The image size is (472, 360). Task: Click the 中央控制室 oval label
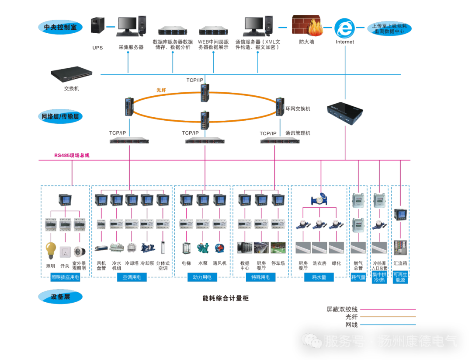click(60, 27)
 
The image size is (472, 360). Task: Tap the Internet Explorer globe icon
click(344, 28)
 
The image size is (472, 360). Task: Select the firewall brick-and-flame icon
click(307, 26)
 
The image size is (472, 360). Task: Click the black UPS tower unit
click(97, 25)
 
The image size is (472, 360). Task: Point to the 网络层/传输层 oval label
click(60, 116)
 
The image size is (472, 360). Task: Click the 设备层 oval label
click(60, 297)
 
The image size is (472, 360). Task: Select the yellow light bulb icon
click(51, 250)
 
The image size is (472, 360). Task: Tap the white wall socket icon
click(65, 252)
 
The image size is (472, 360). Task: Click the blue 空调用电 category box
click(132, 277)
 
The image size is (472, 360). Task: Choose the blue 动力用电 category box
click(202, 277)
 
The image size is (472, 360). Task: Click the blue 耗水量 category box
click(319, 277)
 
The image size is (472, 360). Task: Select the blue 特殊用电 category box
click(260, 277)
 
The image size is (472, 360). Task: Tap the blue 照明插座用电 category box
click(65, 277)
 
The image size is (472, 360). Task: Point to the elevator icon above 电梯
click(186, 248)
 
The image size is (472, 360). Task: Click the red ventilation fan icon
click(219, 248)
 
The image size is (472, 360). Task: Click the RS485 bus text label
click(72, 155)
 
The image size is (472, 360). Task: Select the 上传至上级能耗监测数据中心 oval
click(389, 29)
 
